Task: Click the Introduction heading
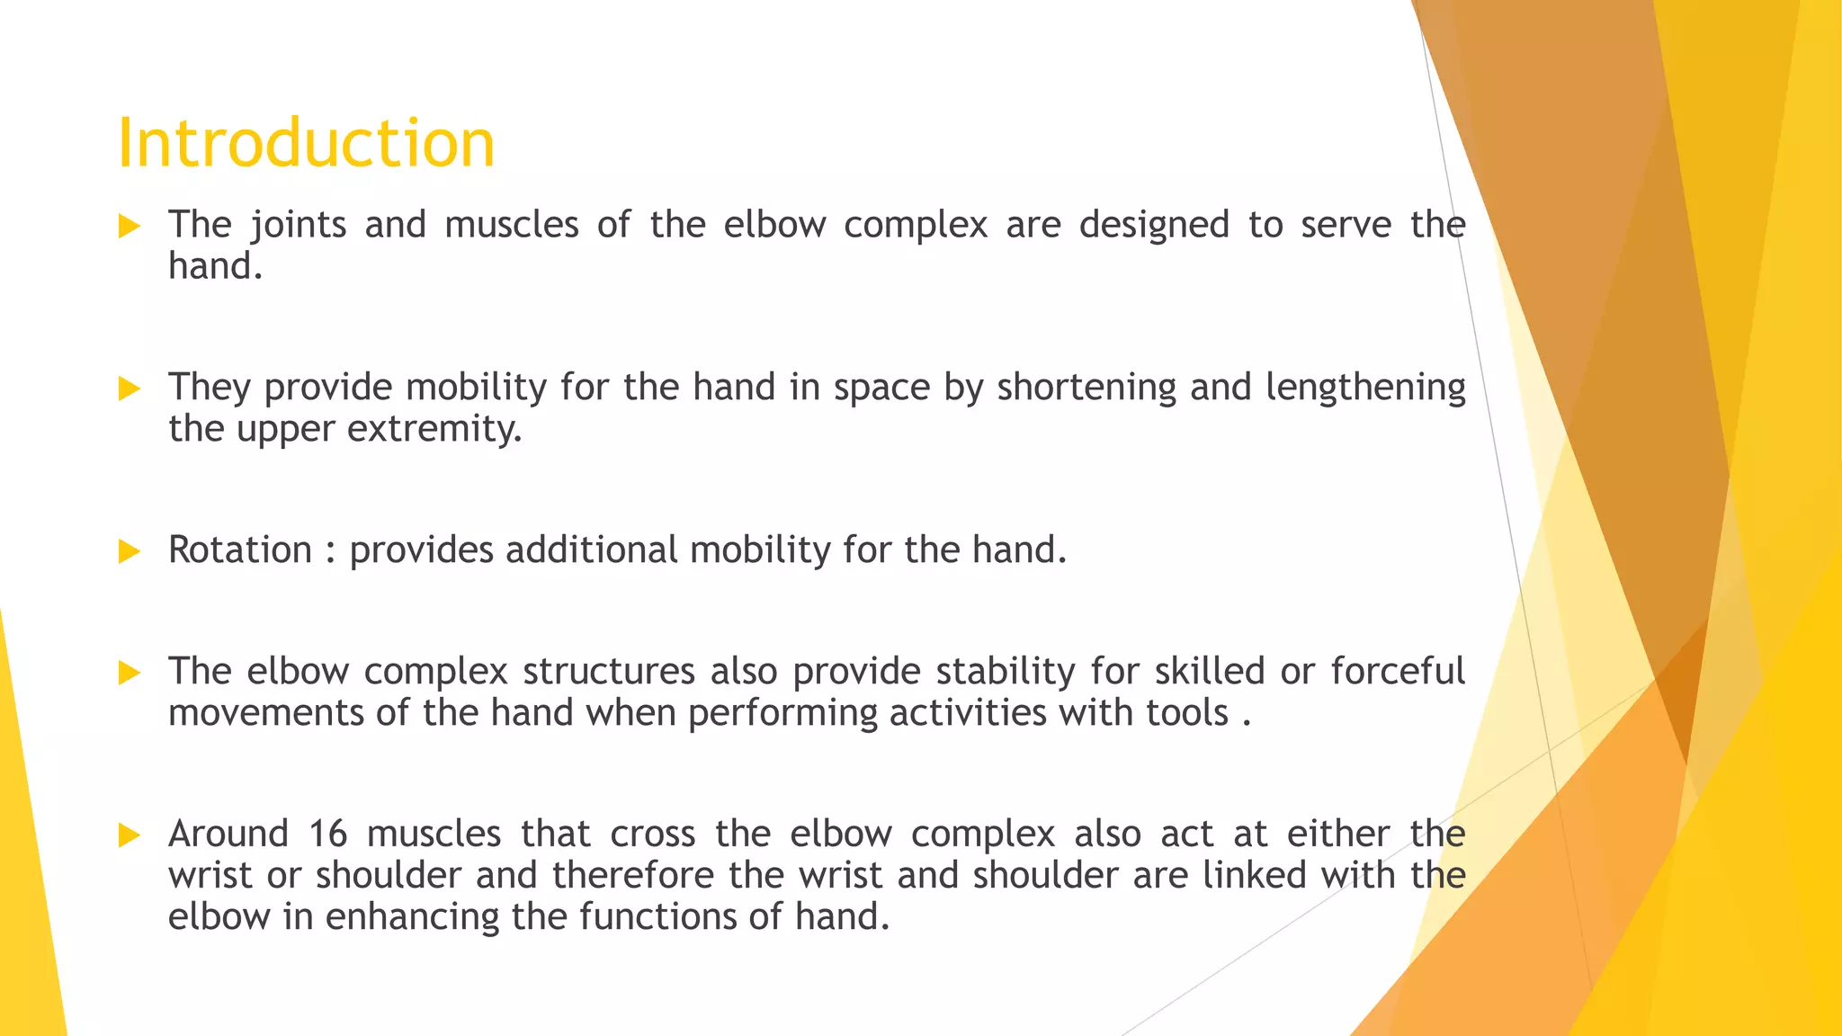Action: point(306,143)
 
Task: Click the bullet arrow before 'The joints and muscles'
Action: point(130,226)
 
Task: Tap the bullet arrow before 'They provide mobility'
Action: point(130,388)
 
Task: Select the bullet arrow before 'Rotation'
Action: point(130,551)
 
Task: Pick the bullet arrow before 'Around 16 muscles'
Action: point(130,835)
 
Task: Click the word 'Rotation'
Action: point(240,549)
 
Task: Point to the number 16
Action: point(327,834)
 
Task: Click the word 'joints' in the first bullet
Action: point(298,225)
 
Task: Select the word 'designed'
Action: point(1154,225)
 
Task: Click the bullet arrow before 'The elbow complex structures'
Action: point(130,673)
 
